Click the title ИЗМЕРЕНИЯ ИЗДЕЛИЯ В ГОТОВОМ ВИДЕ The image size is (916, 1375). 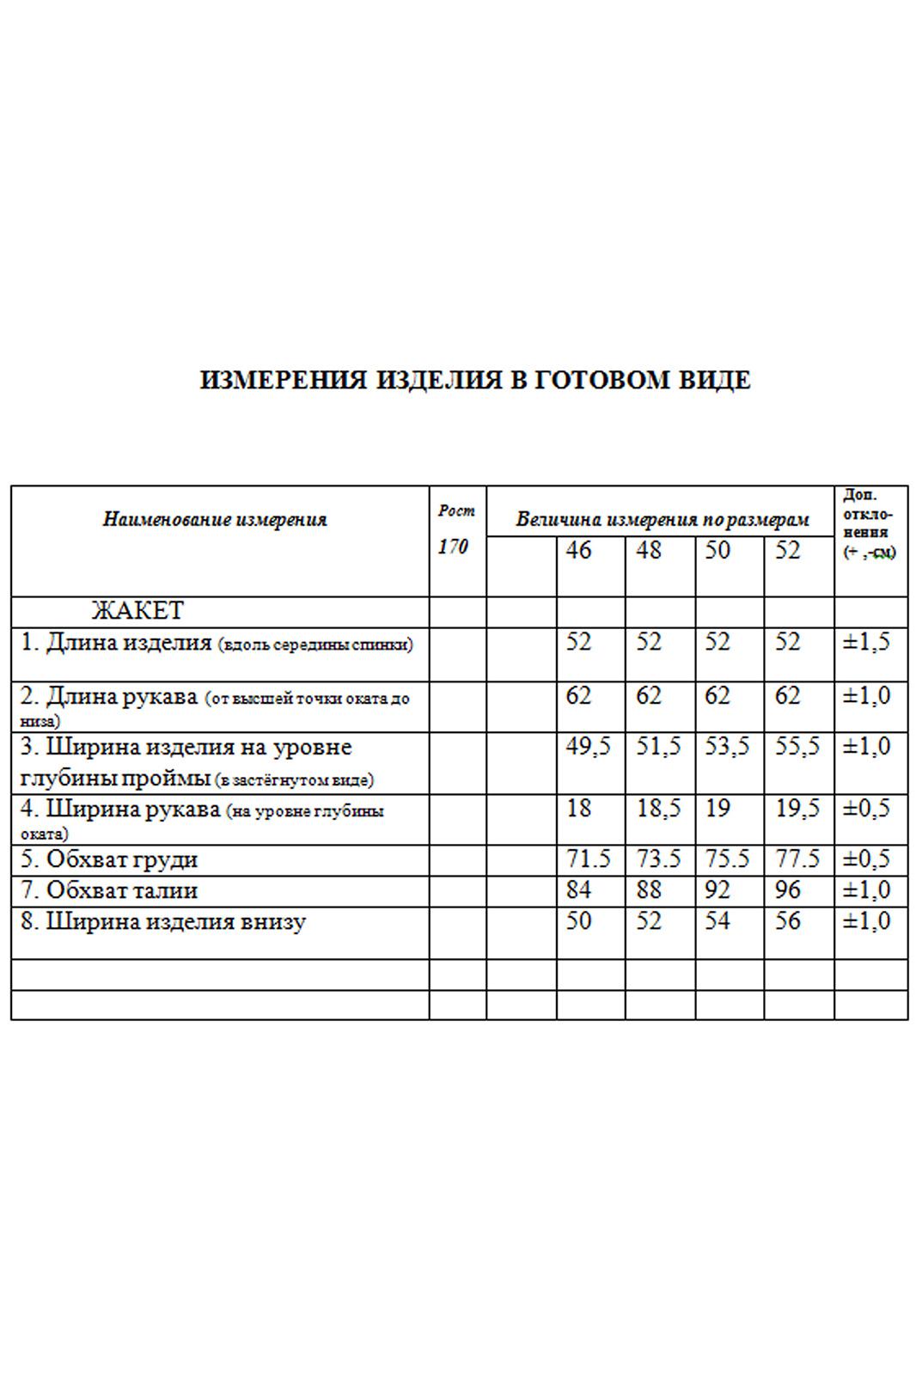tap(474, 380)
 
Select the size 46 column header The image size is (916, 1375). tap(578, 550)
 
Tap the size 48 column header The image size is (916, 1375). tap(649, 550)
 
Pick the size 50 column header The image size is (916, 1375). tap(718, 550)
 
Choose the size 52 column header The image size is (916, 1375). tap(787, 550)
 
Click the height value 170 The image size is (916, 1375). tap(453, 547)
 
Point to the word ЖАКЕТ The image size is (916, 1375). tap(137, 611)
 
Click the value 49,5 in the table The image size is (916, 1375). tap(588, 747)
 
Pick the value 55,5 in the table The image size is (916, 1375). tap(797, 747)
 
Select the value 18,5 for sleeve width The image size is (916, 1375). tap(658, 810)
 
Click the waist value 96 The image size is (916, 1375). tap(787, 890)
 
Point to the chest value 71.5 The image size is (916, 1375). tap(588, 859)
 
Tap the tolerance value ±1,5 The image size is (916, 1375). tap(866, 643)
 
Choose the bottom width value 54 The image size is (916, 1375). tap(718, 921)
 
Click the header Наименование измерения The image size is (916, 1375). tap(215, 519)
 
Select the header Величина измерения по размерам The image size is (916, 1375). tap(663, 520)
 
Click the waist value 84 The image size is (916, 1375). tap(578, 890)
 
